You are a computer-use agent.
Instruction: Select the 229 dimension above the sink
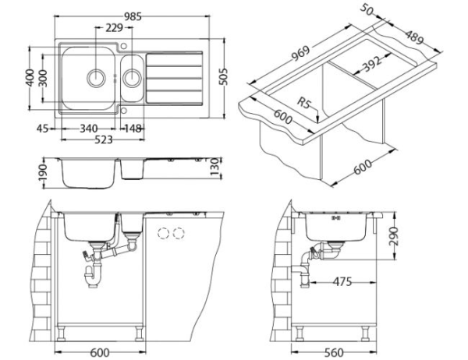(x=114, y=29)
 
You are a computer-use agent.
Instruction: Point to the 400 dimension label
(x=30, y=79)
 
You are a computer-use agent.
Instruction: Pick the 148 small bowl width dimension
(x=133, y=129)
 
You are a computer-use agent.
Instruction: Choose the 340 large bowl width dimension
(x=88, y=129)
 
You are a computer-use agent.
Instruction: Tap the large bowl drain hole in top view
(x=97, y=78)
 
